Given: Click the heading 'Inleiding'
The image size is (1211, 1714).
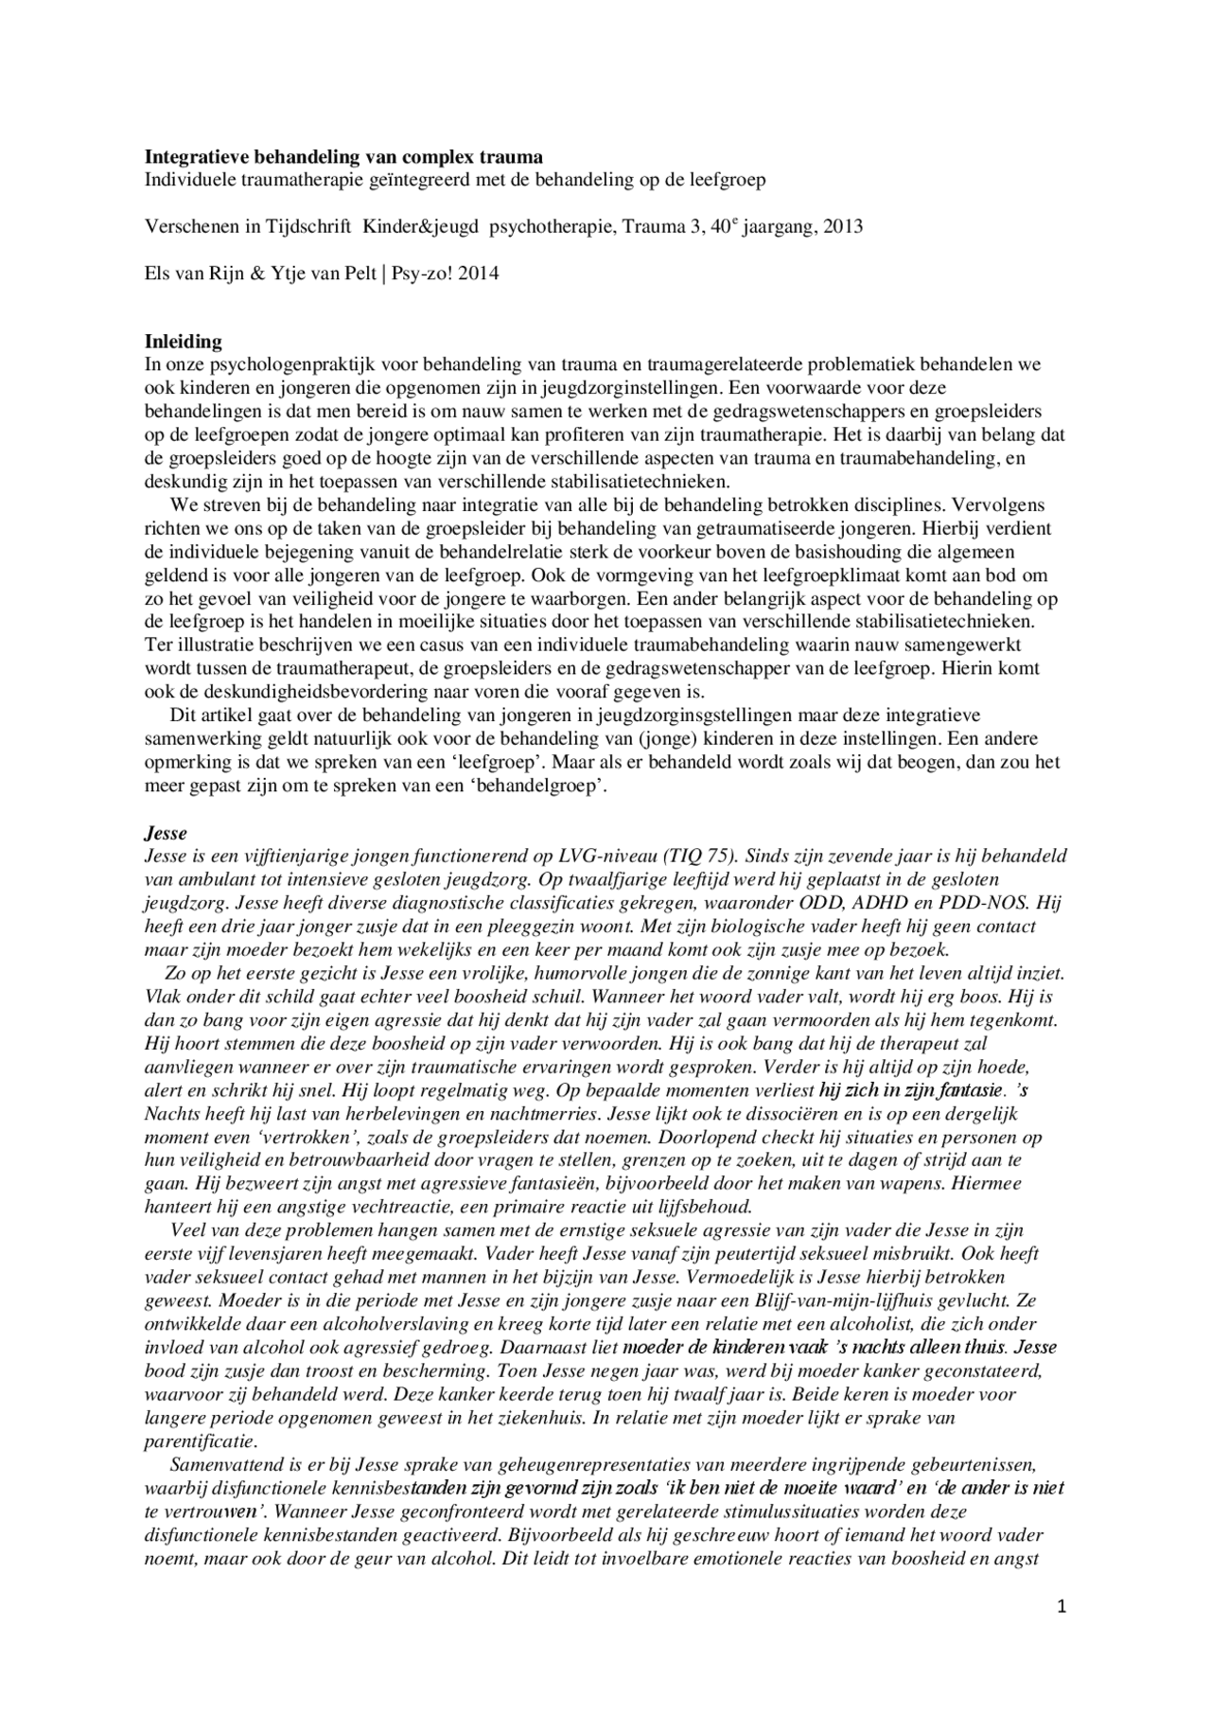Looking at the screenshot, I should pyautogui.click(x=183, y=342).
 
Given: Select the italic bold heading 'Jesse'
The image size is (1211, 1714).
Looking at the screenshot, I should pyautogui.click(x=166, y=833).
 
